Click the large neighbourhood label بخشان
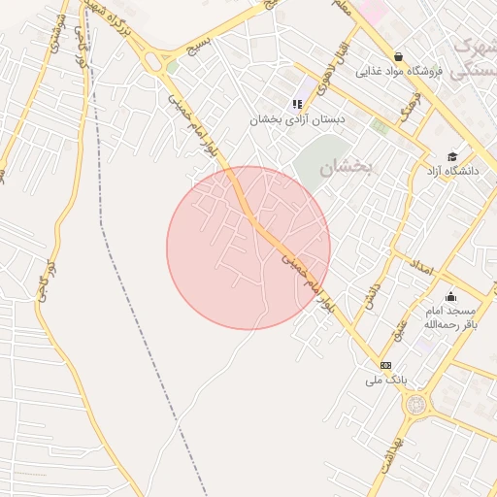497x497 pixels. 348,167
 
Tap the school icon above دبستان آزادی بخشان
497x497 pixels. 297,104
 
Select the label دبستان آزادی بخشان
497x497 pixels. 297,119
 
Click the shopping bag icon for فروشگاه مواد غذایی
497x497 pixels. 399,56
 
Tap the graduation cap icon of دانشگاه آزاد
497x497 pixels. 451,156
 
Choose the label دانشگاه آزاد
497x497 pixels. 450,171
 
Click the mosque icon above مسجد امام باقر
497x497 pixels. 449,297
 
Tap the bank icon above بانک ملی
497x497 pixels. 386,365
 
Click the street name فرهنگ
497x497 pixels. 416,105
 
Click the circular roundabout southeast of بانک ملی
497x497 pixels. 416,403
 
